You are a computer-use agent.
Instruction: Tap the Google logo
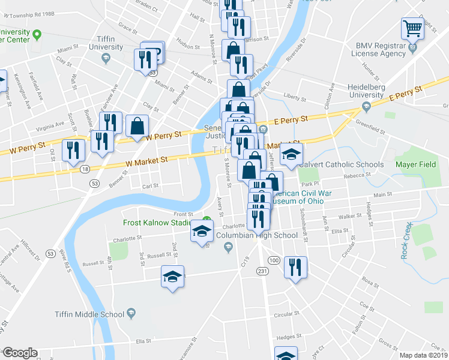pyautogui.click(x=20, y=353)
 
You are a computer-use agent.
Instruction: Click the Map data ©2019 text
pyautogui.click(x=423, y=355)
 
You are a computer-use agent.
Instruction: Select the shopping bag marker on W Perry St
pyautogui.click(x=137, y=127)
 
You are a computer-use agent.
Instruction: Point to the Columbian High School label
pyautogui.click(x=256, y=235)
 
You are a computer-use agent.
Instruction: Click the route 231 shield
pyautogui.click(x=262, y=272)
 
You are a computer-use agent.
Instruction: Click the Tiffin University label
pyautogui.click(x=105, y=44)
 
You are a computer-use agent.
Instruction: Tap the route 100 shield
pyautogui.click(x=273, y=260)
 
